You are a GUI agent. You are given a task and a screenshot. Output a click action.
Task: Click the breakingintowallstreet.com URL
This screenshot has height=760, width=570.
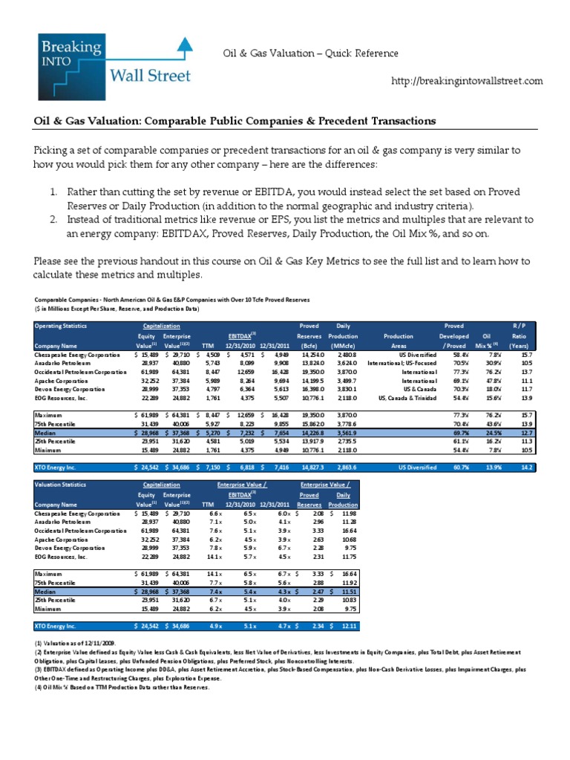click(467, 81)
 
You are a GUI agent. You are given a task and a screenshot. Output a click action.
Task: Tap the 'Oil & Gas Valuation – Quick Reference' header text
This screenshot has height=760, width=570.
click(311, 53)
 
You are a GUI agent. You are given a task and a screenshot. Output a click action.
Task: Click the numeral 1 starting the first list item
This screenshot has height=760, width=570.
click(54, 192)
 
